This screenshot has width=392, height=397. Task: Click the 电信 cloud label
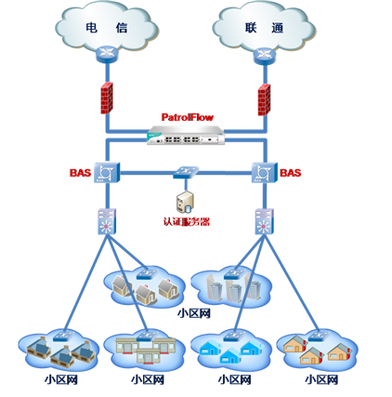click(x=107, y=28)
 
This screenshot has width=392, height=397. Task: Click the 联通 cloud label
click(x=264, y=28)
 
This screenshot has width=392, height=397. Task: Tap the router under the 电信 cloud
click(x=107, y=54)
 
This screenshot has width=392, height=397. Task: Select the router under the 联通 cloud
click(x=265, y=56)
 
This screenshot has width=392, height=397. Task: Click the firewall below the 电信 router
click(x=107, y=98)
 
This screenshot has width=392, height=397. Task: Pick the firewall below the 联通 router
click(x=264, y=99)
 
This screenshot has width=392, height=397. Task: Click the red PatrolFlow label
click(x=188, y=117)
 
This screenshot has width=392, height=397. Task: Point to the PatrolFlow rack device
click(x=186, y=135)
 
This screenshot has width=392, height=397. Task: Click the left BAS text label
click(x=80, y=173)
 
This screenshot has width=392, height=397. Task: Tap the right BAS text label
click(x=291, y=173)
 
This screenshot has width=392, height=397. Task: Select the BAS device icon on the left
click(x=107, y=172)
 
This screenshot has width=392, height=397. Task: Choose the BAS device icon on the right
click(x=264, y=172)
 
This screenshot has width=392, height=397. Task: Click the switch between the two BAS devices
click(x=186, y=172)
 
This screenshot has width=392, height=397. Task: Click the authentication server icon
click(x=185, y=203)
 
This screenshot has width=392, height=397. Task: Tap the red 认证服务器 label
click(x=187, y=221)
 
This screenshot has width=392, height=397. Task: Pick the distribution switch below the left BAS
click(x=107, y=221)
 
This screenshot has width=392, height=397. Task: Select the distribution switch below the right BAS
click(x=264, y=221)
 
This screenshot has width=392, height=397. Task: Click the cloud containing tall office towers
click(x=231, y=285)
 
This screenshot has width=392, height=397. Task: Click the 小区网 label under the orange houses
click(x=321, y=379)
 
